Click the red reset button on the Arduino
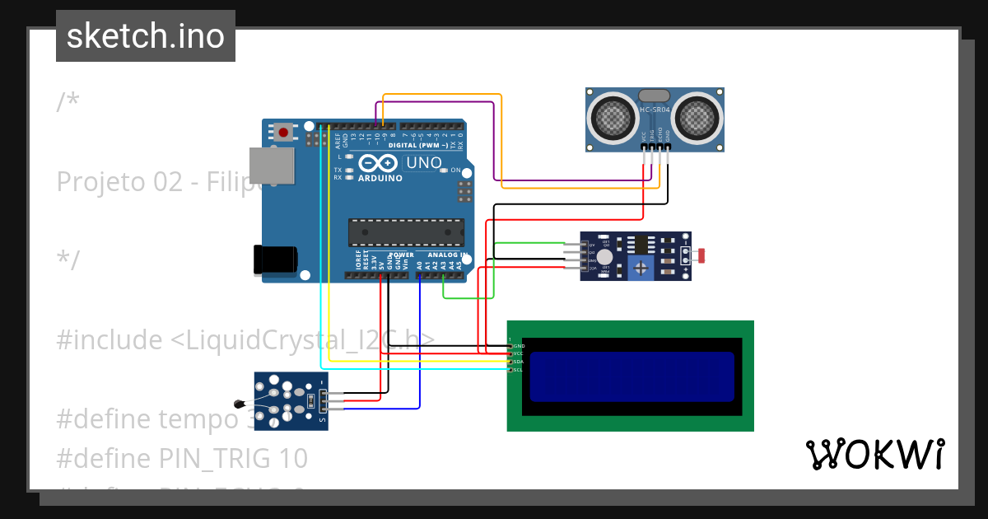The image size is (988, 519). tap(284, 132)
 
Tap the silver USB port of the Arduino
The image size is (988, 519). tap(272, 165)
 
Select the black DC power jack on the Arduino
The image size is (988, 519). tap(275, 259)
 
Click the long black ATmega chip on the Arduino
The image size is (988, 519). tap(405, 232)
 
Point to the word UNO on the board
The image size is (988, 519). tap(424, 163)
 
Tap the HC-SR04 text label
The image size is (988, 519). tap(655, 110)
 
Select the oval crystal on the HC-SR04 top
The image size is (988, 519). tap(655, 96)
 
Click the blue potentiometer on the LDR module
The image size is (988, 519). tap(639, 267)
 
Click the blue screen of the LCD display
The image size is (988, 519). tap(631, 376)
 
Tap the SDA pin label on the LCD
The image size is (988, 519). tap(519, 362)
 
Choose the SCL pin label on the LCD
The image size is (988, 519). tap(519, 370)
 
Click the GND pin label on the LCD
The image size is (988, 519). tap(519, 346)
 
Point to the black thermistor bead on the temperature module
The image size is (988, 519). tap(239, 404)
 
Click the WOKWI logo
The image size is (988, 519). tap(875, 454)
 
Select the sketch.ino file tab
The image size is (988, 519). tap(146, 36)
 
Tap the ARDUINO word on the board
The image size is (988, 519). tap(380, 178)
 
